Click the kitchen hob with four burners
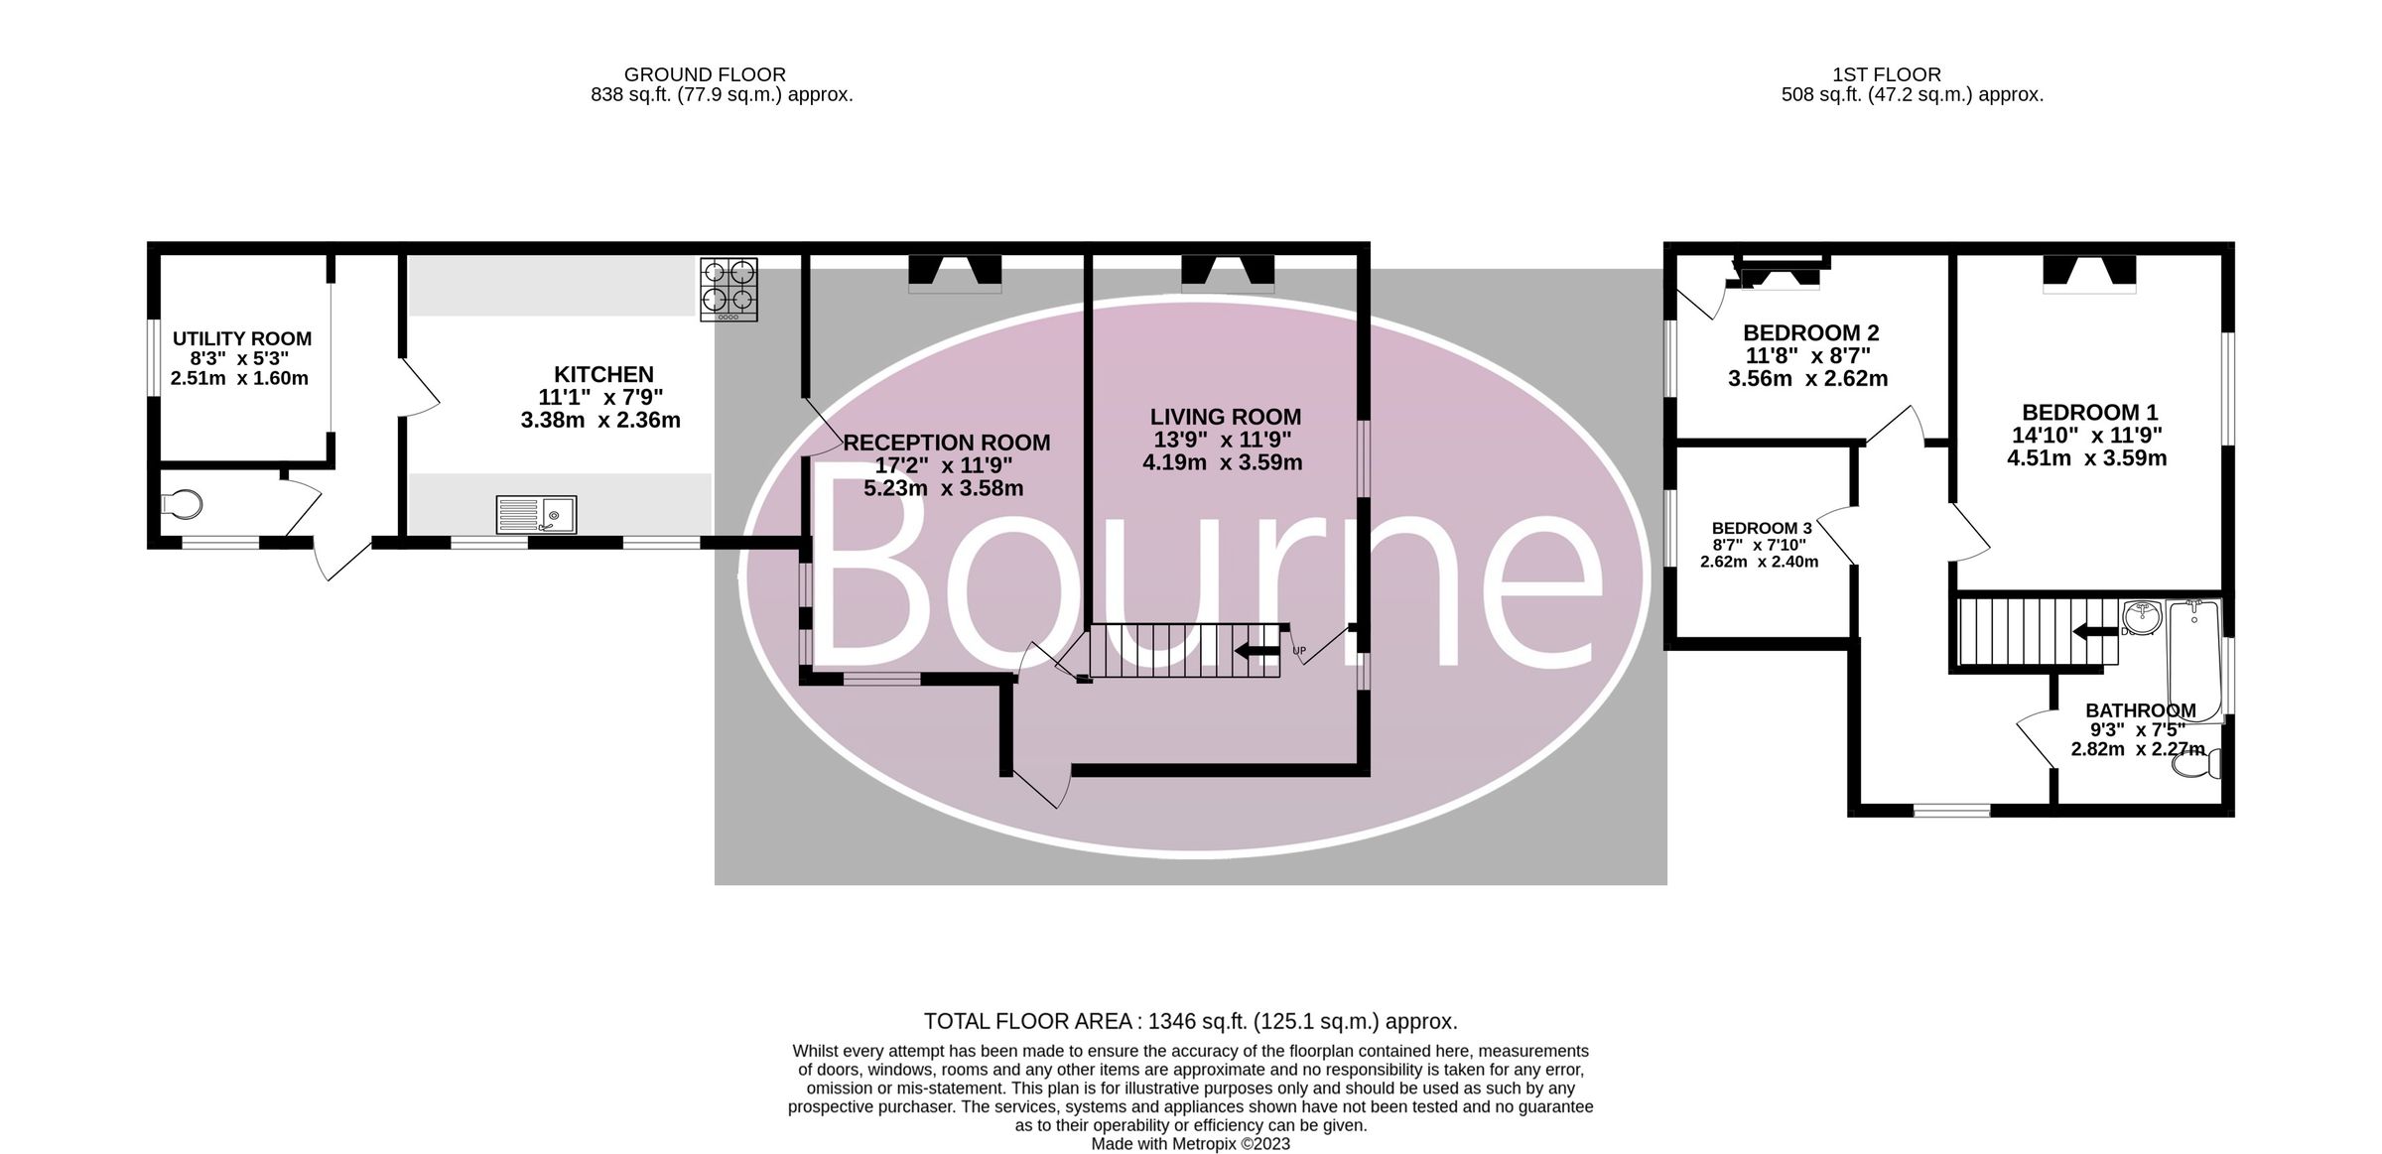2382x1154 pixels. pyautogui.click(x=728, y=289)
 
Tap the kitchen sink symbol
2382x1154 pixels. pyautogui.click(x=536, y=515)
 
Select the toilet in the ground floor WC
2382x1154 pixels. pyautogui.click(x=181, y=504)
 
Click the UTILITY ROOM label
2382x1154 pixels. pyautogui.click(x=242, y=338)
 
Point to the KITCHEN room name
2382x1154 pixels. pyautogui.click(x=603, y=374)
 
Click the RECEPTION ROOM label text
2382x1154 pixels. pyautogui.click(x=946, y=443)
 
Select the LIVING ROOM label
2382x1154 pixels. pyautogui.click(x=1226, y=417)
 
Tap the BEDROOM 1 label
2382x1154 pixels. pyautogui.click(x=2090, y=412)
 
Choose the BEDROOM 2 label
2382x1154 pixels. pyautogui.click(x=1811, y=332)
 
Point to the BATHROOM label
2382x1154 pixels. pyautogui.click(x=2141, y=710)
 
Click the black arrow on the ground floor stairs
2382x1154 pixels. pyautogui.click(x=1257, y=651)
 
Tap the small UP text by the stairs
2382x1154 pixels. pyautogui.click(x=1299, y=652)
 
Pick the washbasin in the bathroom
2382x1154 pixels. pyautogui.click(x=2143, y=617)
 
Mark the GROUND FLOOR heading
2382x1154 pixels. pyautogui.click(x=705, y=74)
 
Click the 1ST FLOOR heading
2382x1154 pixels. pyautogui.click(x=1887, y=74)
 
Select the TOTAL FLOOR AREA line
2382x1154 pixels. pyautogui.click(x=1190, y=1021)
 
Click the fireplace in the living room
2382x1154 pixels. pyautogui.click(x=1228, y=274)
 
